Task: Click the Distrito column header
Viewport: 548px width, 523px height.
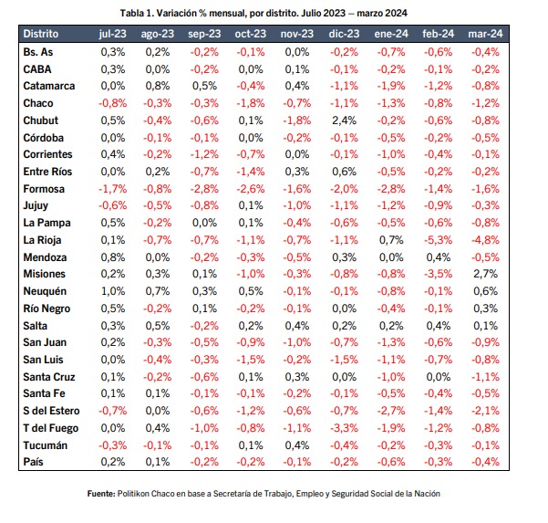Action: click(x=40, y=34)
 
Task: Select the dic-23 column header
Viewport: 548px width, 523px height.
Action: click(x=344, y=34)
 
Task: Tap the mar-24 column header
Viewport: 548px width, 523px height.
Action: click(x=485, y=34)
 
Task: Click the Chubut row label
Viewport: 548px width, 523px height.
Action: click(x=40, y=120)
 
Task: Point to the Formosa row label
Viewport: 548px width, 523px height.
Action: click(x=44, y=189)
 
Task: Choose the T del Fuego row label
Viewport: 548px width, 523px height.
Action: click(x=51, y=428)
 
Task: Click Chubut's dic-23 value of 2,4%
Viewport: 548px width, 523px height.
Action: click(x=344, y=120)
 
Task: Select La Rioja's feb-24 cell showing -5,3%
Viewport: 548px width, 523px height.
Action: click(x=438, y=240)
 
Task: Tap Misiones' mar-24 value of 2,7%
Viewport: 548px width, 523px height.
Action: click(x=485, y=274)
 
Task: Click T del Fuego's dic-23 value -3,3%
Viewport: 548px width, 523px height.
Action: click(x=344, y=428)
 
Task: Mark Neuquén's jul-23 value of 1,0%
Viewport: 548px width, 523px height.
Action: click(x=112, y=291)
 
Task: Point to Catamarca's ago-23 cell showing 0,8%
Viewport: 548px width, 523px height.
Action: click(x=157, y=86)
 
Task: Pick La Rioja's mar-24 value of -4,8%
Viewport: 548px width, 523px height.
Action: click(x=485, y=240)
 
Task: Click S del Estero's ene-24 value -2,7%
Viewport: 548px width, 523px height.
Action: click(x=391, y=411)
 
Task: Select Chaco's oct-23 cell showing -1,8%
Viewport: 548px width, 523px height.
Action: click(x=251, y=103)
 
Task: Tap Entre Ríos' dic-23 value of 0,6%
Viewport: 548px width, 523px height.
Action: click(x=344, y=172)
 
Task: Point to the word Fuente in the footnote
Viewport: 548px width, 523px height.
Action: click(x=101, y=494)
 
